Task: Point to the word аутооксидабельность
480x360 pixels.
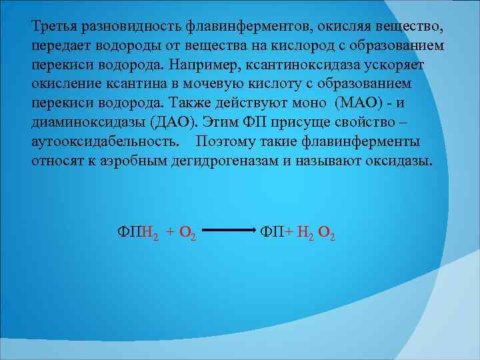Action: tap(105, 142)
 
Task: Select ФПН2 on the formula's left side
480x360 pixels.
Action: tap(138, 232)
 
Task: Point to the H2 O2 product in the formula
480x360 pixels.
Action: tap(316, 232)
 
